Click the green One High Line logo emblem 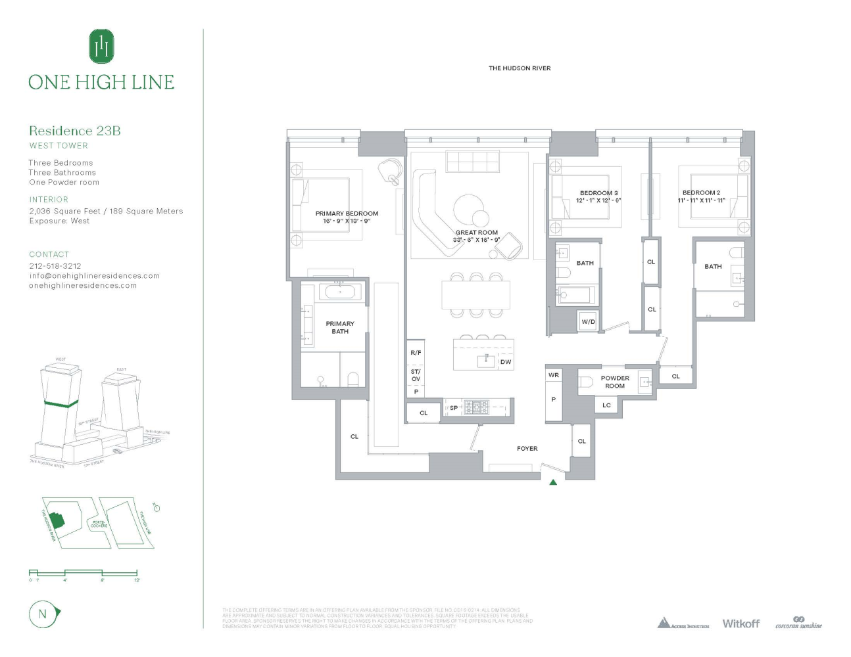point(101,47)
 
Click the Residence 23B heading point(75,131)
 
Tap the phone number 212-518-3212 point(55,266)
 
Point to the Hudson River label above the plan point(520,68)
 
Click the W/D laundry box point(588,322)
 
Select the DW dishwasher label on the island point(505,362)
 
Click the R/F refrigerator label point(416,353)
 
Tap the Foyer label point(527,449)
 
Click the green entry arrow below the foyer point(553,482)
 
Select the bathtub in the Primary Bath point(339,291)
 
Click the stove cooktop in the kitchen point(476,407)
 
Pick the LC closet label point(606,405)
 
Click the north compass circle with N point(43,614)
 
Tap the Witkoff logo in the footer point(741,623)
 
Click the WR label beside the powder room point(554,375)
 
